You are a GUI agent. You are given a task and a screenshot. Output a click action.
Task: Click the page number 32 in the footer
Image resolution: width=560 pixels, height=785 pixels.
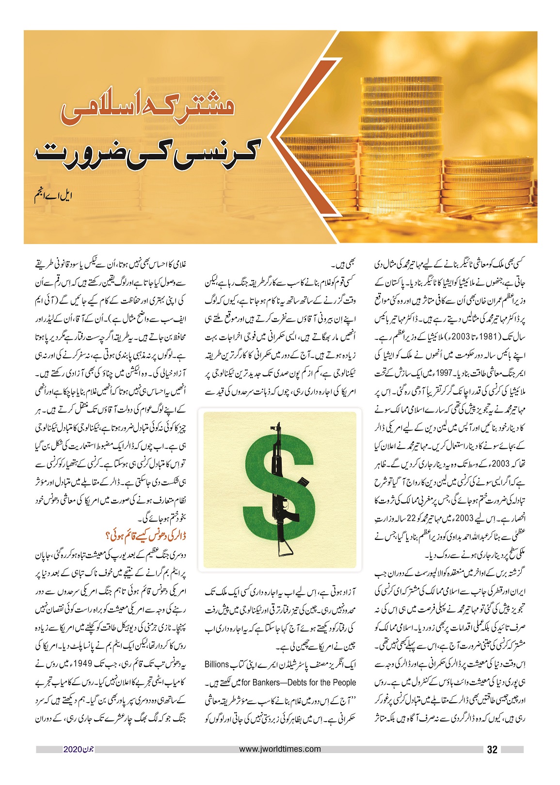492,750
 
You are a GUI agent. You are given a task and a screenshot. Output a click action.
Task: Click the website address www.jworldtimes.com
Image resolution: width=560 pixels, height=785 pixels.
280,749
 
